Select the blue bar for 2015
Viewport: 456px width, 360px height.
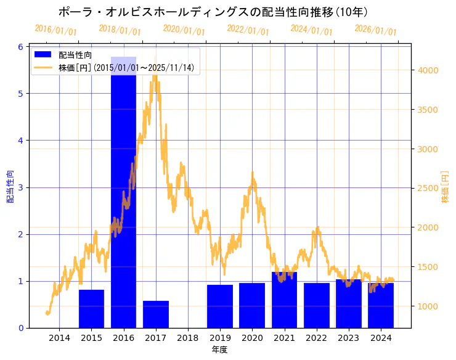(91, 309)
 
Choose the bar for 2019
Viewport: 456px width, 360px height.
(220, 306)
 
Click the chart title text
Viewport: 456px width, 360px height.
(213, 12)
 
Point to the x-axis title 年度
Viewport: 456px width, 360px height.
(220, 350)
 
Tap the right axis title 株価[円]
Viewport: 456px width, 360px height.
(446, 187)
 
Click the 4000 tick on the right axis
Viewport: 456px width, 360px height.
(428, 70)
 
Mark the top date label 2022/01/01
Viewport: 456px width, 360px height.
(248, 30)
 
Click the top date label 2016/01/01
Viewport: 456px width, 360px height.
(55, 30)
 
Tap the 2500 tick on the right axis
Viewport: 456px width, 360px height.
(428, 188)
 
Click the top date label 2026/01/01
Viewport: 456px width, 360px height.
(375, 30)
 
